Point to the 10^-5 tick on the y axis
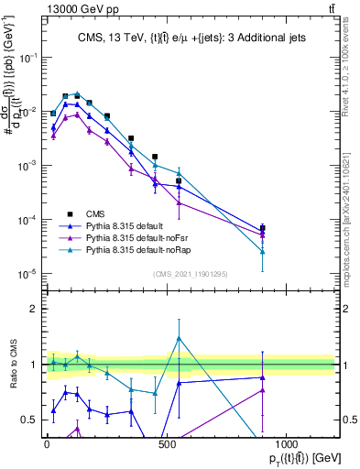tap(30, 274)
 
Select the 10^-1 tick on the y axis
tap(30, 57)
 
